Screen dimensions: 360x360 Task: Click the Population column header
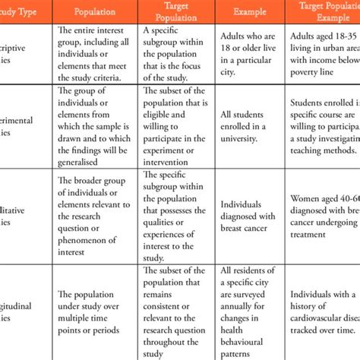[96, 12]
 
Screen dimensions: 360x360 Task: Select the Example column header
[251, 12]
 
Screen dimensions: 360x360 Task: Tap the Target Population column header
[177, 12]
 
